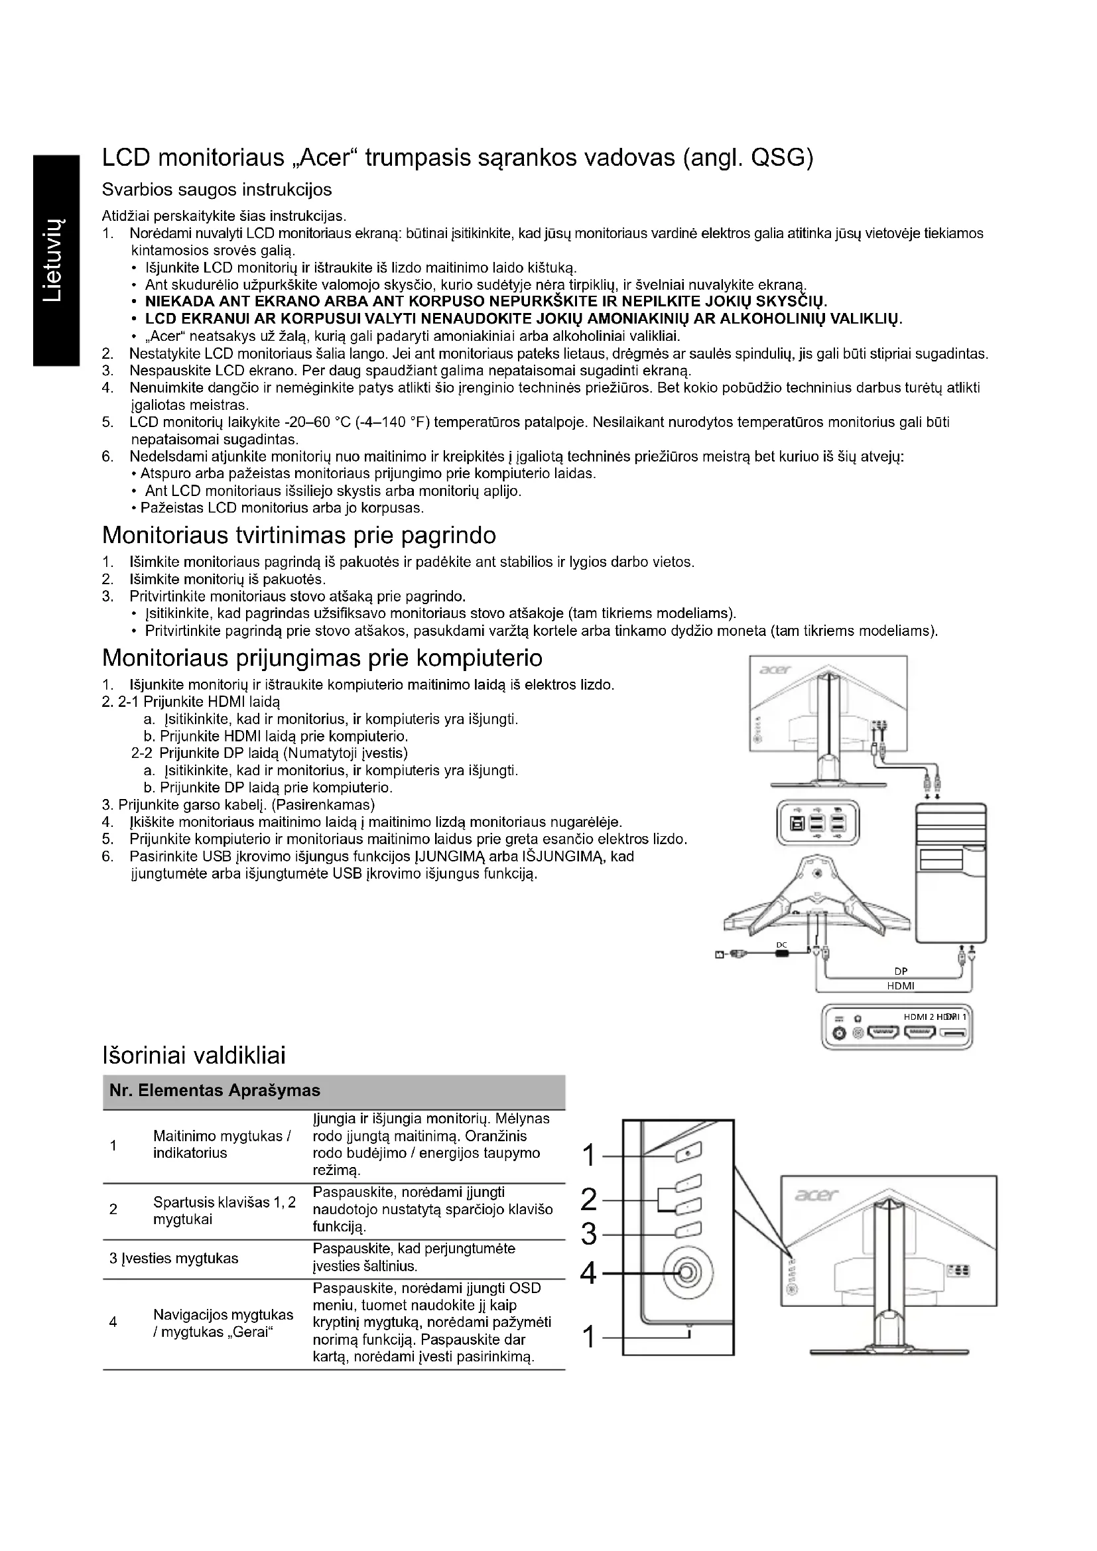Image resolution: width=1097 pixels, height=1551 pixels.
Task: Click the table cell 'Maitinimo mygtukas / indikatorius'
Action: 222,1145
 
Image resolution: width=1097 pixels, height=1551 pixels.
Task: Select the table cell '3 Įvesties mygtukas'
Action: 174,1259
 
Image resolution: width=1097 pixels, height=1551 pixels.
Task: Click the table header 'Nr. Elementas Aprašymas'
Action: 215,1090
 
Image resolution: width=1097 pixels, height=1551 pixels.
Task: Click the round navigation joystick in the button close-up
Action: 686,1272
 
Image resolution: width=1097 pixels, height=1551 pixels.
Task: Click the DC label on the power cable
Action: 781,944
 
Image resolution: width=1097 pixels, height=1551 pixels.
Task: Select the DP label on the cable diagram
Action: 901,972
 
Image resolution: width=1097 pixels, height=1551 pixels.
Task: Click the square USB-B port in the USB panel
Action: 797,824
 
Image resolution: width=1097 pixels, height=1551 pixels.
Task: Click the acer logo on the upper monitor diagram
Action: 774,670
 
